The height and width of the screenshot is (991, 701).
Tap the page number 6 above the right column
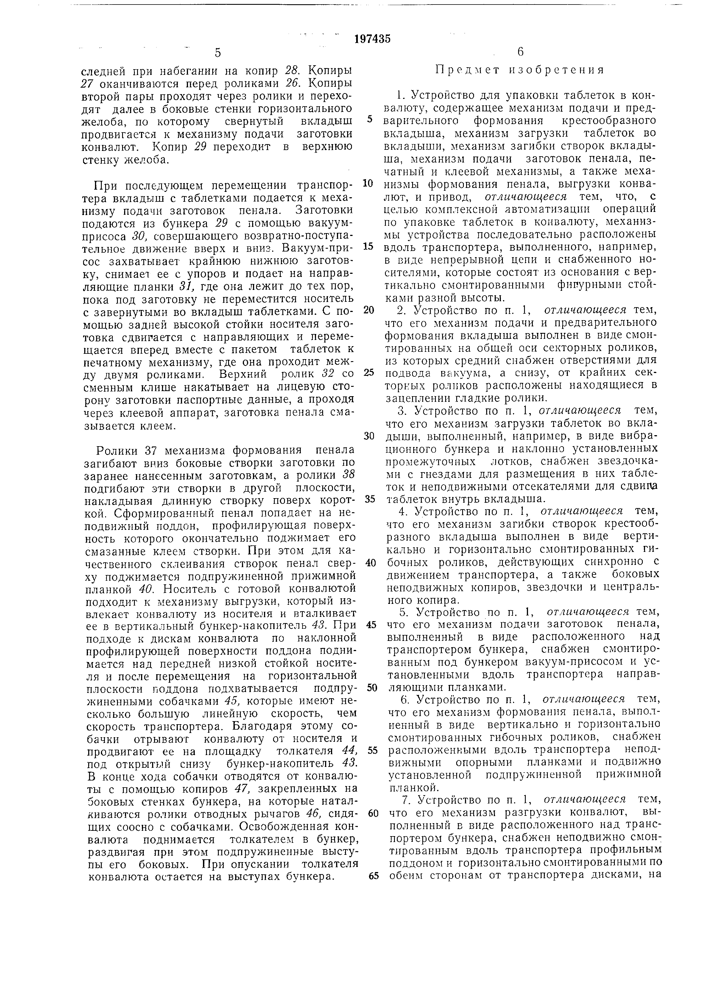tap(520, 52)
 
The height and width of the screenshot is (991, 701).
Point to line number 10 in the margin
tap(367, 183)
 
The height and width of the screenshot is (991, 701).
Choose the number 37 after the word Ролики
tap(150, 451)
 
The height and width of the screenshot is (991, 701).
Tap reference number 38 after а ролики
tap(348, 475)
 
